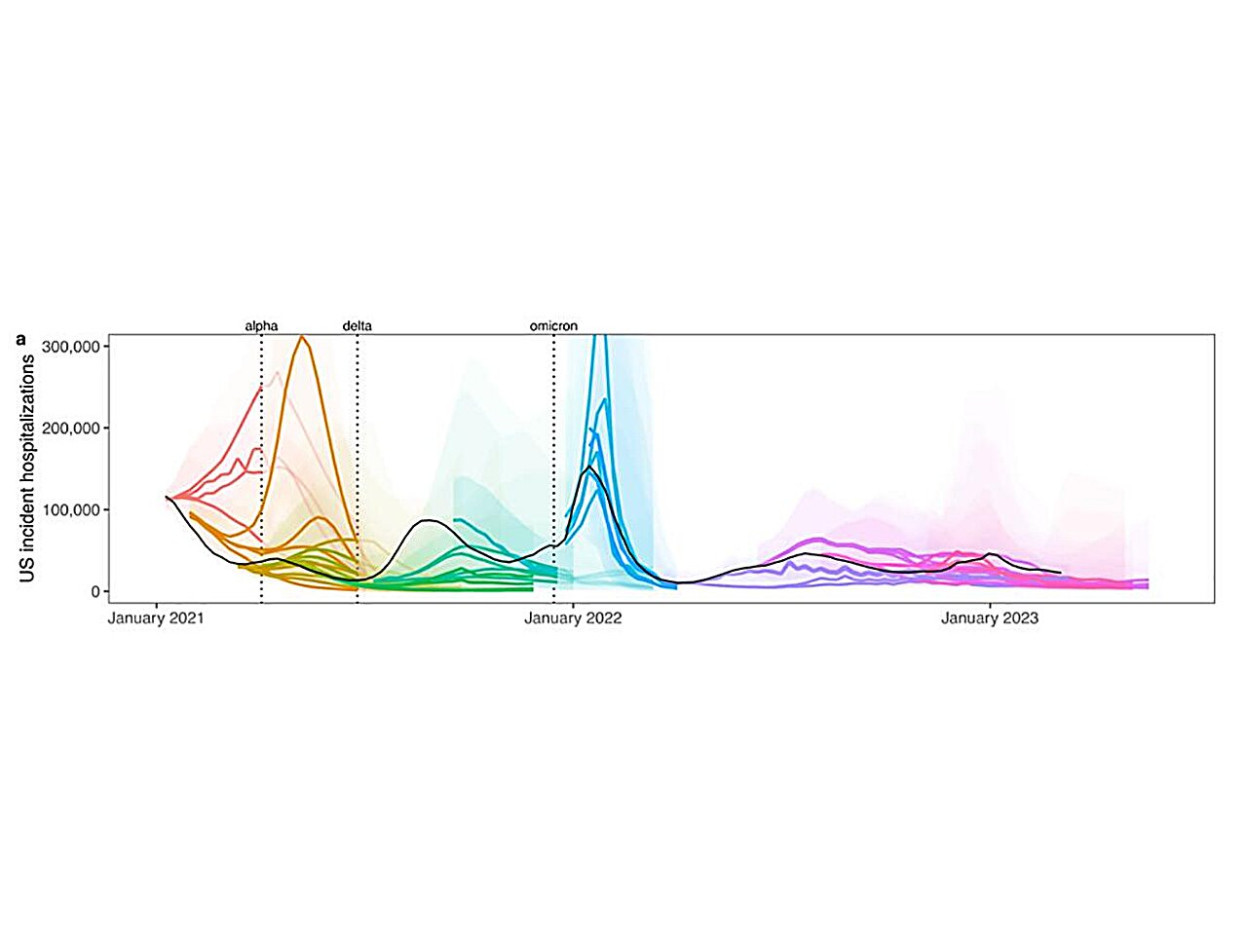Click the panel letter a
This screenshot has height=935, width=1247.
coord(21,340)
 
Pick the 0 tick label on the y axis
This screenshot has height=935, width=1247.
coord(94,591)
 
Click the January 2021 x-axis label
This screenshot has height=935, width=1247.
coord(156,618)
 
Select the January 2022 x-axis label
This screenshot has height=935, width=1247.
coord(573,618)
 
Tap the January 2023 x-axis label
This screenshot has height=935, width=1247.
coord(990,618)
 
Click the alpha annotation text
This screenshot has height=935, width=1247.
coord(261,326)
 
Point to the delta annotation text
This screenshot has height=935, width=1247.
coord(357,326)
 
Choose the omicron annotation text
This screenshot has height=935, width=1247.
coord(553,326)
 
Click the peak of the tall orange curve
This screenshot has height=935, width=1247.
coord(302,337)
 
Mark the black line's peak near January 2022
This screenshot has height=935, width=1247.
coord(589,467)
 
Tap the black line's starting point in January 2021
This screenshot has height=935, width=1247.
coord(167,497)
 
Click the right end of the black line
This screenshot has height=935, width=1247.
coord(1060,572)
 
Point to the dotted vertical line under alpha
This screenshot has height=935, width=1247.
coord(261,467)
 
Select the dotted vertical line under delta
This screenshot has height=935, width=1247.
coord(358,467)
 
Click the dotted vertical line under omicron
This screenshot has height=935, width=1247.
coord(554,467)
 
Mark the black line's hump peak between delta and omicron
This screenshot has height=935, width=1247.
coord(429,521)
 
